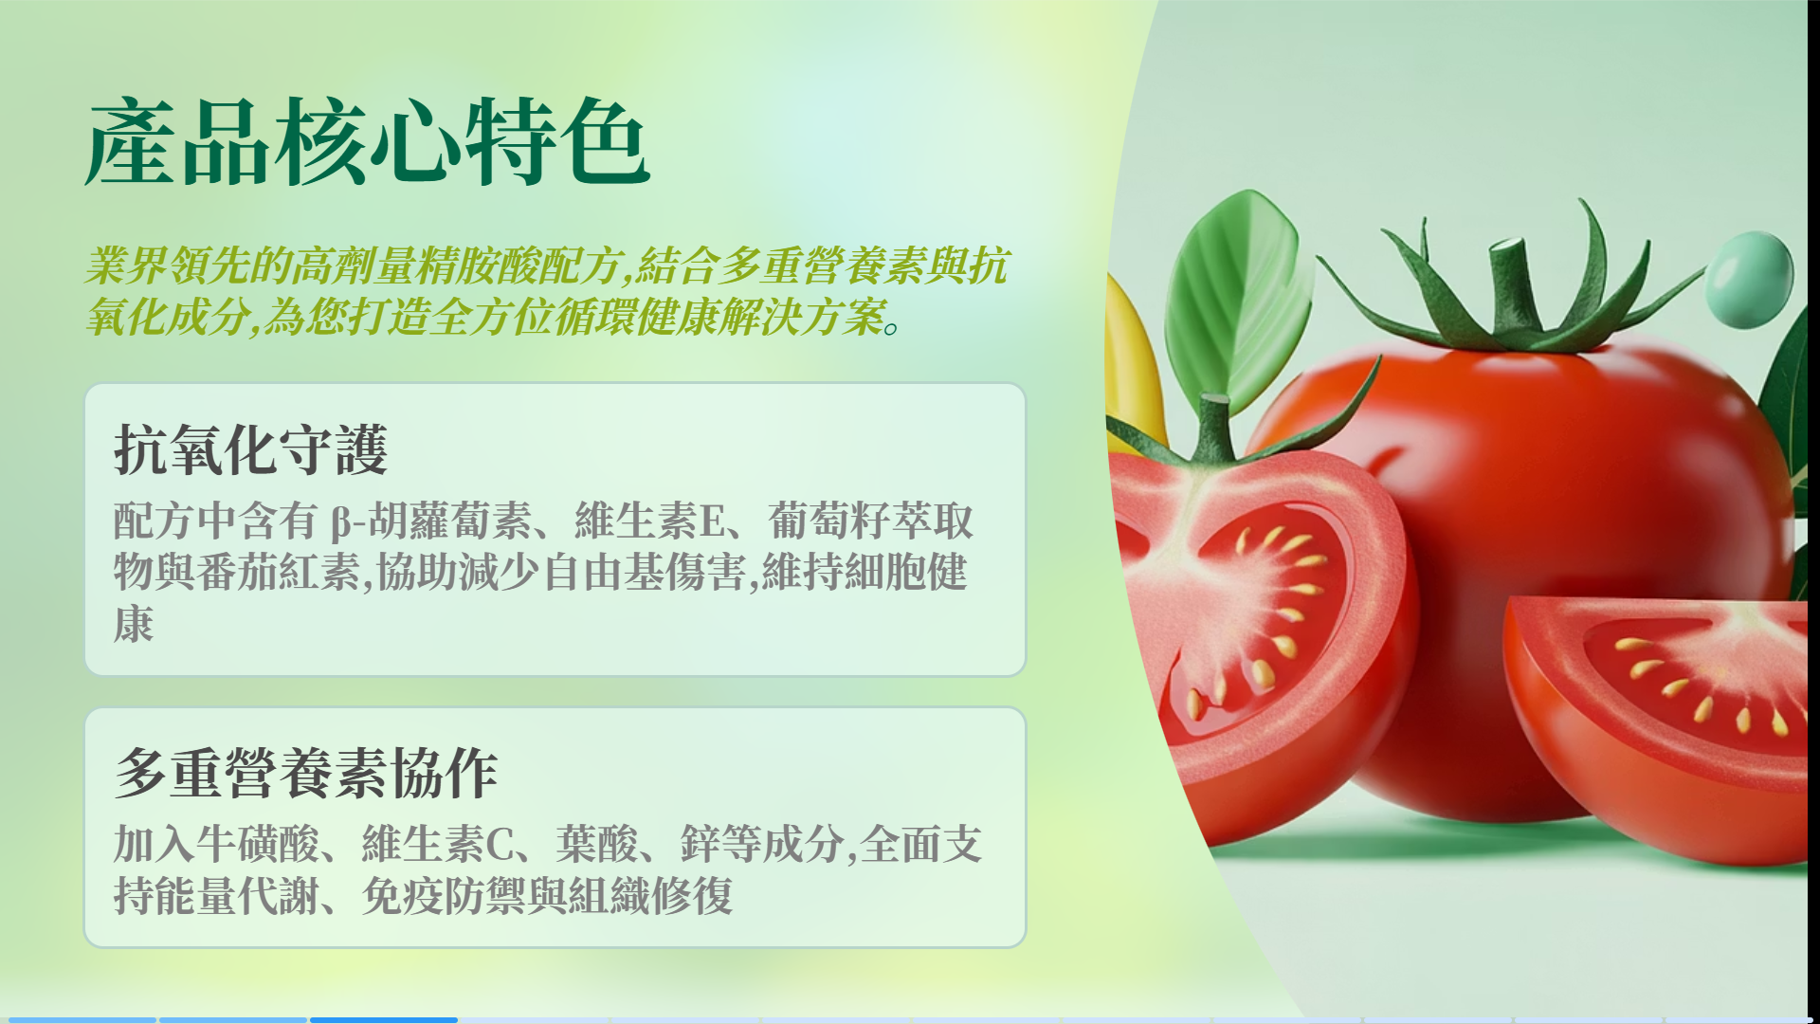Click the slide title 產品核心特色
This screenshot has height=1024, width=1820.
[x=368, y=142]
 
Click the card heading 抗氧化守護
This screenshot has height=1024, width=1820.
[x=251, y=449]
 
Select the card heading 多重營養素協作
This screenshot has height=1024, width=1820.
[x=306, y=773]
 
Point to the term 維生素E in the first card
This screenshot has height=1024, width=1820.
[x=650, y=521]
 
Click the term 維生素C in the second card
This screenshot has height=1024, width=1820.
[x=438, y=844]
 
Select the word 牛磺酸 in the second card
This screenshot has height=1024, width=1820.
[x=258, y=844]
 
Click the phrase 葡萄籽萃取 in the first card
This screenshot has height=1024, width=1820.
[x=871, y=521]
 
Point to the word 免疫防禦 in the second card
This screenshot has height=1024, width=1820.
[x=444, y=895]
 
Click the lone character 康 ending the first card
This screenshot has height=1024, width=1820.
[x=134, y=624]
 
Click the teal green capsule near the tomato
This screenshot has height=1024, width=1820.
[x=1750, y=279]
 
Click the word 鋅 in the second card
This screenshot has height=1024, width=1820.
[x=701, y=844]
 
